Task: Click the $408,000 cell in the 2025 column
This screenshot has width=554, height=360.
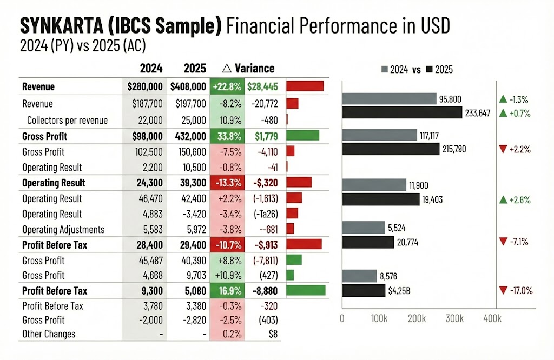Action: pyautogui.click(x=188, y=86)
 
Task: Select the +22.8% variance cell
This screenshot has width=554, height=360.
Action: pyautogui.click(x=227, y=86)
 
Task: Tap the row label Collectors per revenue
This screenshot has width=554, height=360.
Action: pyautogui.click(x=67, y=121)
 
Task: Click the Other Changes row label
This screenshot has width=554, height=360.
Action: pyautogui.click(x=49, y=334)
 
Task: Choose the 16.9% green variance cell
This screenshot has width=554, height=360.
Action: pyautogui.click(x=227, y=291)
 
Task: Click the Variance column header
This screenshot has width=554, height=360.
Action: pyautogui.click(x=249, y=68)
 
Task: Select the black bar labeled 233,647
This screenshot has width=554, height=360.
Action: pyautogui.click(x=402, y=113)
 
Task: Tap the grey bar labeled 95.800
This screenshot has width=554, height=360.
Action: pyautogui.click(x=389, y=99)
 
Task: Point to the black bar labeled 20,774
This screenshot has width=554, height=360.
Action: pyautogui.click(x=368, y=242)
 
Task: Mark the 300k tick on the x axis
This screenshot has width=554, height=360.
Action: pyautogui.click(x=454, y=319)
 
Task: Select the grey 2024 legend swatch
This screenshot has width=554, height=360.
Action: pyautogui.click(x=385, y=70)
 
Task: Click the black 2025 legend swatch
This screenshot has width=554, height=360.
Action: pyautogui.click(x=431, y=70)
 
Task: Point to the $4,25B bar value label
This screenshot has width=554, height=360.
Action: pyautogui.click(x=399, y=291)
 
